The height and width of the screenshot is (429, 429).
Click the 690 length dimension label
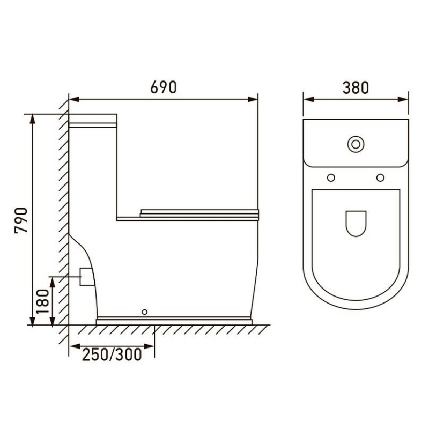(164, 87)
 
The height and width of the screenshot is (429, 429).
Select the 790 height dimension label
(21, 220)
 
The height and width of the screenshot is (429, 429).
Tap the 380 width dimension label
(356, 88)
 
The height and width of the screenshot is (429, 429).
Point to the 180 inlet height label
(42, 302)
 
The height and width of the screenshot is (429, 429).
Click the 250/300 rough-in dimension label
(112, 354)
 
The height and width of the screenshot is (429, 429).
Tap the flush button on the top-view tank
(356, 144)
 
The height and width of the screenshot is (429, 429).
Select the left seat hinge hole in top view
(331, 178)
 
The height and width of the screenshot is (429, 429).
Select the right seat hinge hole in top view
(380, 178)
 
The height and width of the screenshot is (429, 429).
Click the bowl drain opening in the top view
(356, 224)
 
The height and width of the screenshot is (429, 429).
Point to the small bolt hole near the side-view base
(145, 312)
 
